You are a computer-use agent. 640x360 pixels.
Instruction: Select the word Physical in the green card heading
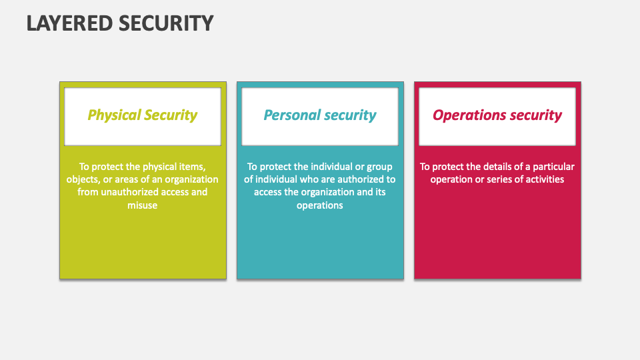(x=114, y=115)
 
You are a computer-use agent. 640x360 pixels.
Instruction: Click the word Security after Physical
(x=171, y=115)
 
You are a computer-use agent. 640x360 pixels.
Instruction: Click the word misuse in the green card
(x=143, y=205)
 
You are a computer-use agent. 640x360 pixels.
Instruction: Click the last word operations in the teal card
(x=320, y=205)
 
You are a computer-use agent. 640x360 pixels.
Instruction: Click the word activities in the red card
(x=541, y=179)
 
